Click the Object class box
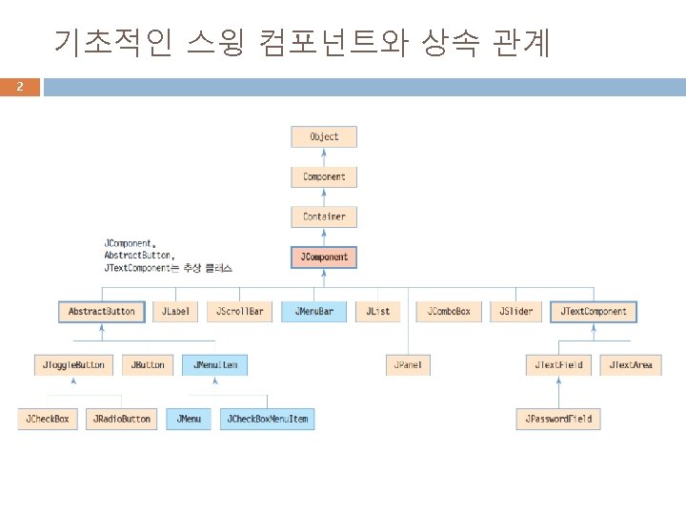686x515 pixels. [x=324, y=136]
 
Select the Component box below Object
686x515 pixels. [x=324, y=176]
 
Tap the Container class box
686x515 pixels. [x=324, y=216]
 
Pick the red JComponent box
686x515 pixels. [x=324, y=257]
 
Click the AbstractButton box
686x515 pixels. [x=101, y=311]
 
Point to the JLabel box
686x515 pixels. [x=175, y=311]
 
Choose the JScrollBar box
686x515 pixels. [x=238, y=311]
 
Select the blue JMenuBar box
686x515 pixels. [x=313, y=311]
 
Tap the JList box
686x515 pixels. [x=378, y=311]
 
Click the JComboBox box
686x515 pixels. [x=448, y=311]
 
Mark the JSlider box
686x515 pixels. [x=517, y=311]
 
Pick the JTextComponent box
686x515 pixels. [x=594, y=311]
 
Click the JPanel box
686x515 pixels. [x=411, y=364]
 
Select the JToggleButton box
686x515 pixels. [x=75, y=364]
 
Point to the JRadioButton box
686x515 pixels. [x=121, y=418]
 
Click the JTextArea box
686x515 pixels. [x=632, y=364]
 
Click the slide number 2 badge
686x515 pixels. [x=19, y=88]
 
